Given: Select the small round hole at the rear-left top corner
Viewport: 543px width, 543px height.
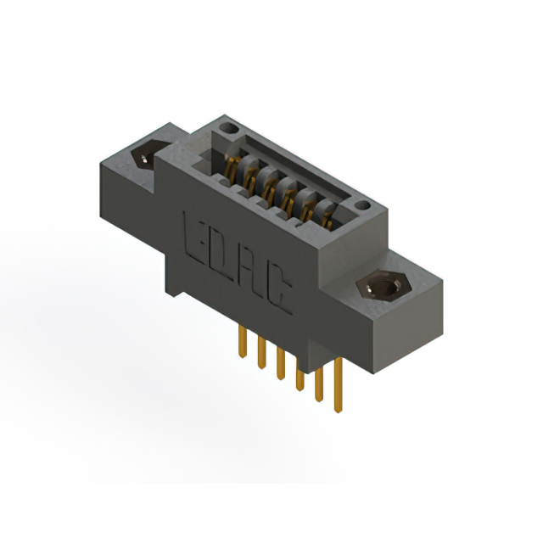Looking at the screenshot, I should pyautogui.click(x=227, y=130).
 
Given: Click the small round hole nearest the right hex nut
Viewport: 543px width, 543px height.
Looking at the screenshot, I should pyautogui.click(x=362, y=206).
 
